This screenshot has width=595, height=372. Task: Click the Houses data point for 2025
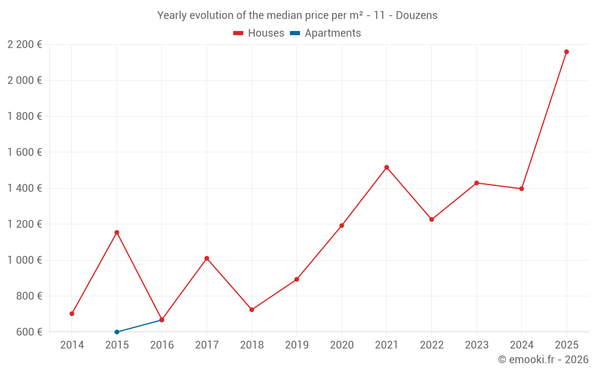pos(566,52)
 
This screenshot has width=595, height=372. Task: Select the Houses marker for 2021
pos(387,167)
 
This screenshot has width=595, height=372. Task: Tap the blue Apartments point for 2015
pos(117,332)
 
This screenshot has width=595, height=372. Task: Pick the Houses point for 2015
pos(117,232)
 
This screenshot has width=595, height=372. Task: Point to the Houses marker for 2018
pos(252,310)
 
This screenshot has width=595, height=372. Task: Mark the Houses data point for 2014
pos(72,314)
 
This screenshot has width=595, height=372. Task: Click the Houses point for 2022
pos(431,220)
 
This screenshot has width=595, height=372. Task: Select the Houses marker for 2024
pos(521,189)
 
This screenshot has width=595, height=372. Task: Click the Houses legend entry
pos(259,33)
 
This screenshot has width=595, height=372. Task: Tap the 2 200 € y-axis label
pos(24,44)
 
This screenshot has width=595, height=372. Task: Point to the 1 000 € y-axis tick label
pos(24,260)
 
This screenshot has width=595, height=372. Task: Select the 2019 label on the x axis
pos(296,345)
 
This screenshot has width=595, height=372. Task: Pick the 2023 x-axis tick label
pos(477,345)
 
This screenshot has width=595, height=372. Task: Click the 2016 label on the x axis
pos(162,345)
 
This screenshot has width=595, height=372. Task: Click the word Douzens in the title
pos(416,15)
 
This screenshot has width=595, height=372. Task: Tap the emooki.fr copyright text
pos(543,360)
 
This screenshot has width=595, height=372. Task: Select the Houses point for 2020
pos(342,226)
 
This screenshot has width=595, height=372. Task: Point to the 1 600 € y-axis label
pos(24,152)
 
